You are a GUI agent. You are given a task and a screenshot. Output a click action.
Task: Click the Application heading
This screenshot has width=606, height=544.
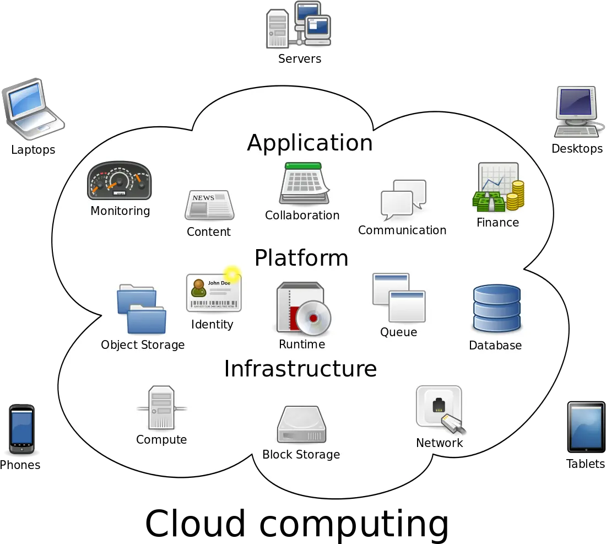coord(310,143)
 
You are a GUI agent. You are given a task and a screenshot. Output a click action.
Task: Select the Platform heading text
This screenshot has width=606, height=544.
coord(301,258)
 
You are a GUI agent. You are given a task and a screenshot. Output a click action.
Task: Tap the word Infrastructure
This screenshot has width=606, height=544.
coord(300,369)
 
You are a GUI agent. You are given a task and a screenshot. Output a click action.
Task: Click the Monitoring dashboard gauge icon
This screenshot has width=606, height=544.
coord(119,181)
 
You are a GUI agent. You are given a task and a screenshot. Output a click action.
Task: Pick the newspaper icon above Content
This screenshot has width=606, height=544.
coord(209,205)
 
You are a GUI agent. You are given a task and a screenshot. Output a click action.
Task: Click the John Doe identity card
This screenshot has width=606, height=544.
coord(213,293)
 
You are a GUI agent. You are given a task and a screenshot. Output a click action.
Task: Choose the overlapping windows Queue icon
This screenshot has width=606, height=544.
coord(399,298)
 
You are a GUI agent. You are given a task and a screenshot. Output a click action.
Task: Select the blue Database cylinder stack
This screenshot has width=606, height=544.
coord(496,309)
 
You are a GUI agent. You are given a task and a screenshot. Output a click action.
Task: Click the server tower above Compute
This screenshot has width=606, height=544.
coord(161,408)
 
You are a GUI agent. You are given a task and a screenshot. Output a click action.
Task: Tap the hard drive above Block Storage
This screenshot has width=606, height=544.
coord(301,425)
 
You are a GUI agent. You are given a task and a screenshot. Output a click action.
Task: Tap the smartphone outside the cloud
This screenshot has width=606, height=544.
coord(22,428)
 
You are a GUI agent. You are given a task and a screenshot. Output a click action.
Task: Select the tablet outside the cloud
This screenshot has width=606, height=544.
coord(586,428)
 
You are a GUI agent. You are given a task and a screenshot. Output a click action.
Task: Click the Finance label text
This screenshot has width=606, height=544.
coord(497,223)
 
